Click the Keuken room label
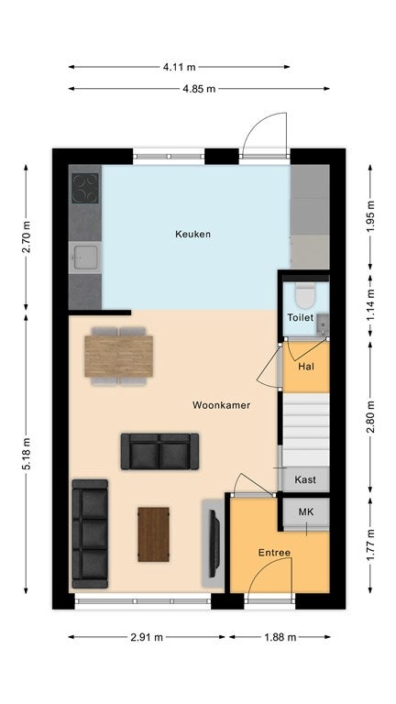click(192, 234)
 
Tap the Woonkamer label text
click(221, 405)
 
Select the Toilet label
click(301, 317)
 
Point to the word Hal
click(306, 367)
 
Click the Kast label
click(305, 479)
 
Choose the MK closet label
click(306, 511)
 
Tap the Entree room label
click(274, 553)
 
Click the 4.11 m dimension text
click(179, 67)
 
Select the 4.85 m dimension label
click(199, 89)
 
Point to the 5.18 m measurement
click(26, 454)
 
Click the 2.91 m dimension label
click(147, 637)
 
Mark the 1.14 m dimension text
click(370, 305)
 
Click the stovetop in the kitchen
click(85, 189)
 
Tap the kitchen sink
click(85, 258)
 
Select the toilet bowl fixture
click(306, 296)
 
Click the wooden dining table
click(118, 356)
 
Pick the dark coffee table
click(154, 534)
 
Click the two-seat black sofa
click(159, 451)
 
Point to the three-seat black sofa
click(90, 533)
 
